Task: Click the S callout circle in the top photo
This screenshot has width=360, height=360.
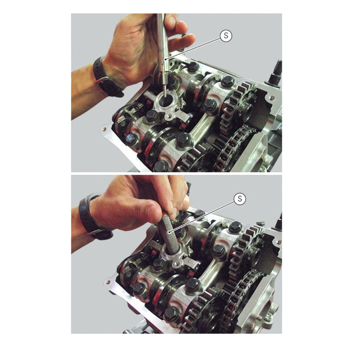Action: [x=226, y=36]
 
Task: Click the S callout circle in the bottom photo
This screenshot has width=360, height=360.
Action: [x=240, y=198]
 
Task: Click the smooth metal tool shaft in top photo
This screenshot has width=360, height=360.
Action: [x=163, y=53]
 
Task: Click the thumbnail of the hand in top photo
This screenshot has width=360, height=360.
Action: [x=171, y=21]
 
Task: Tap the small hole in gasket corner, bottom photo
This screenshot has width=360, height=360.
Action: [x=108, y=282]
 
